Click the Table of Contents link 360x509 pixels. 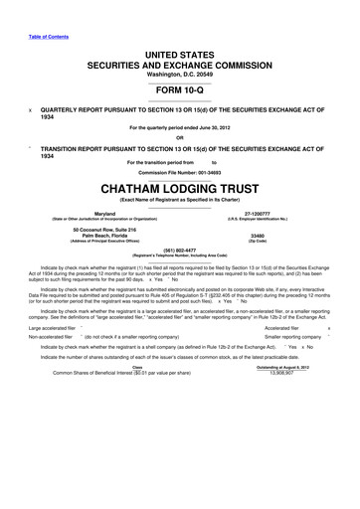35,11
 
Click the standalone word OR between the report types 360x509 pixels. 179,138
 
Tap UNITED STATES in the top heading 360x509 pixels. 179,37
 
